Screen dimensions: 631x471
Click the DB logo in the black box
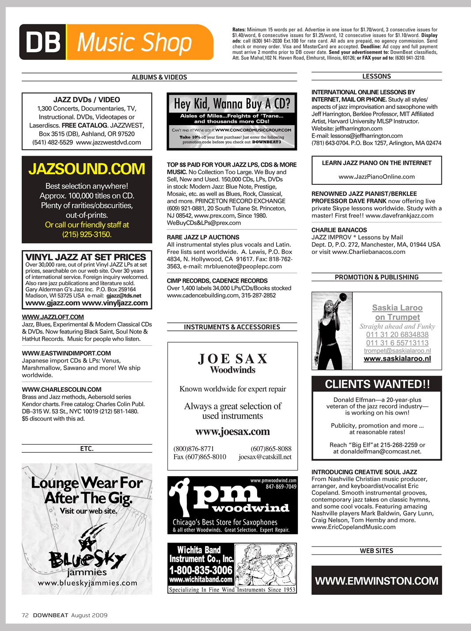(43, 42)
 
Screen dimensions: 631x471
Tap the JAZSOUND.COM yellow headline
(87, 169)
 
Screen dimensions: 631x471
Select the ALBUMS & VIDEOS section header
(159, 77)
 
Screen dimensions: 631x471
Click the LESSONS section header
(376, 76)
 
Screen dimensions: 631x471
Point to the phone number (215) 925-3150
(87, 234)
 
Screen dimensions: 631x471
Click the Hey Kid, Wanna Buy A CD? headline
(232, 104)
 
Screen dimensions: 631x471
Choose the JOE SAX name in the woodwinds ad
(232, 359)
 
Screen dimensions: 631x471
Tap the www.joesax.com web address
(232, 432)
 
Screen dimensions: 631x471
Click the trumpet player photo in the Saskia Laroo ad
(332, 331)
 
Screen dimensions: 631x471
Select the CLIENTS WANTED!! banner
(377, 384)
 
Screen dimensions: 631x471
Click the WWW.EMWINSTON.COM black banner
(376, 581)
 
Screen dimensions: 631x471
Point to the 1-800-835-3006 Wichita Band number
(201, 570)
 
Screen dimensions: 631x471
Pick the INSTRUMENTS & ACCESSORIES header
(232, 327)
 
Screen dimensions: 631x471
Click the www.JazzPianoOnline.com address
(376, 177)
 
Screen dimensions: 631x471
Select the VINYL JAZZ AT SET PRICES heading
(86, 257)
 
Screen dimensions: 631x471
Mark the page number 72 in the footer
(25, 615)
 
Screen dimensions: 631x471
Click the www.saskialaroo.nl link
(397, 359)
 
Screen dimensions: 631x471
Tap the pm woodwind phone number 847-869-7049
(281, 487)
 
